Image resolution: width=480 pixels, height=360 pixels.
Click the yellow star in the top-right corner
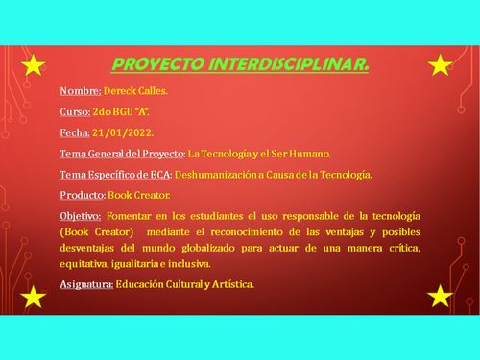point(440,66)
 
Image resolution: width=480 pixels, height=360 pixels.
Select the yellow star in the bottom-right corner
point(440,297)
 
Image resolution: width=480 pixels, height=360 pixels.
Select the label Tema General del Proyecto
point(122,153)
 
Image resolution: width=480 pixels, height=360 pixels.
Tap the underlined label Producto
point(82,195)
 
